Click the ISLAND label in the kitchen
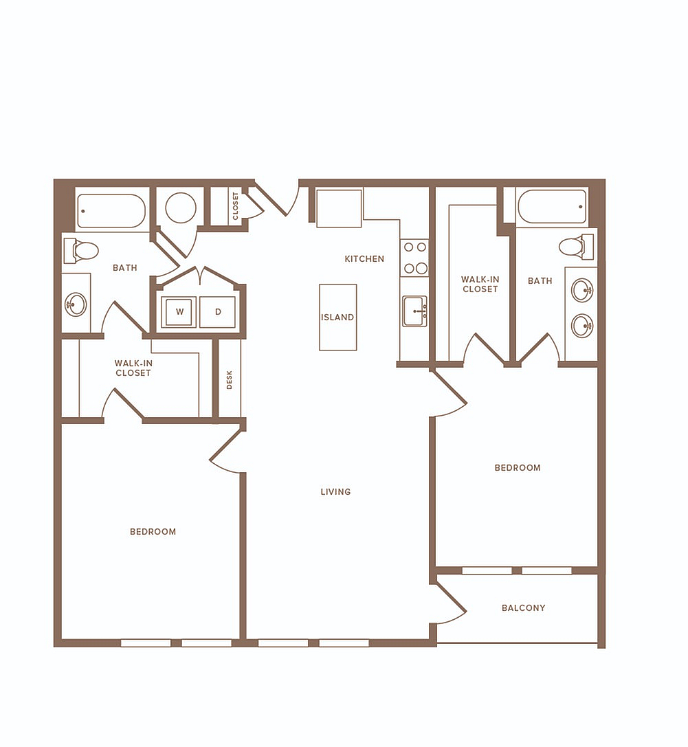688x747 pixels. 337,317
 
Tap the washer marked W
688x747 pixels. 179,312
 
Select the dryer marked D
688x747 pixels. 218,312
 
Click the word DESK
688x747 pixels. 229,380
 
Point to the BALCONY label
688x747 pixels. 523,608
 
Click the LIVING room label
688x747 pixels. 335,491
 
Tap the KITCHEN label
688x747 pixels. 364,258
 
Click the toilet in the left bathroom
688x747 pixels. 81,251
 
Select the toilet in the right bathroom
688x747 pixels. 576,247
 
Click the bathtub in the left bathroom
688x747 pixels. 111,210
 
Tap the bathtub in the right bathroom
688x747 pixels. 552,207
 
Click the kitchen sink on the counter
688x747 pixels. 414,311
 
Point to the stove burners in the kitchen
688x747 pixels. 415,258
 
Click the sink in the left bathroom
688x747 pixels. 76,304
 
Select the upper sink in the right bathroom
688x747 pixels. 582,289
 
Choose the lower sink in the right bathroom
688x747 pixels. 582,326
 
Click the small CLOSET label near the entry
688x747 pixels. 235,205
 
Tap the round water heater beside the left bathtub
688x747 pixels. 181,208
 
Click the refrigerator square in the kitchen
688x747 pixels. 339,208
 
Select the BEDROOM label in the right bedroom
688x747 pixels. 518,468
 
